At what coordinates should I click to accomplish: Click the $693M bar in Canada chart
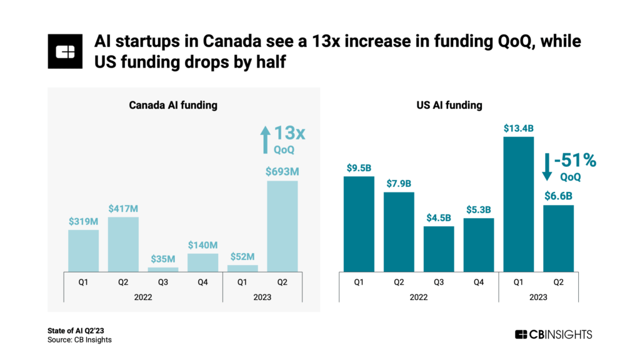pos(282,226)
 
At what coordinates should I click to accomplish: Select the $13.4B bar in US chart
pos(519,204)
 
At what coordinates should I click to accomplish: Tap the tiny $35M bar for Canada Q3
pos(163,269)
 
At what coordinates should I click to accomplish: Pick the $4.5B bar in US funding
pos(439,249)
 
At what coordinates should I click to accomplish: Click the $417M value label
pos(123,208)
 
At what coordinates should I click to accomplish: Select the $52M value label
pos(242,256)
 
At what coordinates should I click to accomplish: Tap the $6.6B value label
pos(559,196)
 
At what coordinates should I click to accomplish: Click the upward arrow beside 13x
pos(265,139)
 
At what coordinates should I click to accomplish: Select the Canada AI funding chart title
pos(173,105)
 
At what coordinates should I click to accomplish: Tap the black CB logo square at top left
pos(65,51)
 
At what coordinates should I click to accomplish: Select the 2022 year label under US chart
pos(419,297)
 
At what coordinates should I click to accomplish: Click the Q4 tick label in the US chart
pos(479,281)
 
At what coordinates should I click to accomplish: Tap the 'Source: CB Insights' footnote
pos(79,339)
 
